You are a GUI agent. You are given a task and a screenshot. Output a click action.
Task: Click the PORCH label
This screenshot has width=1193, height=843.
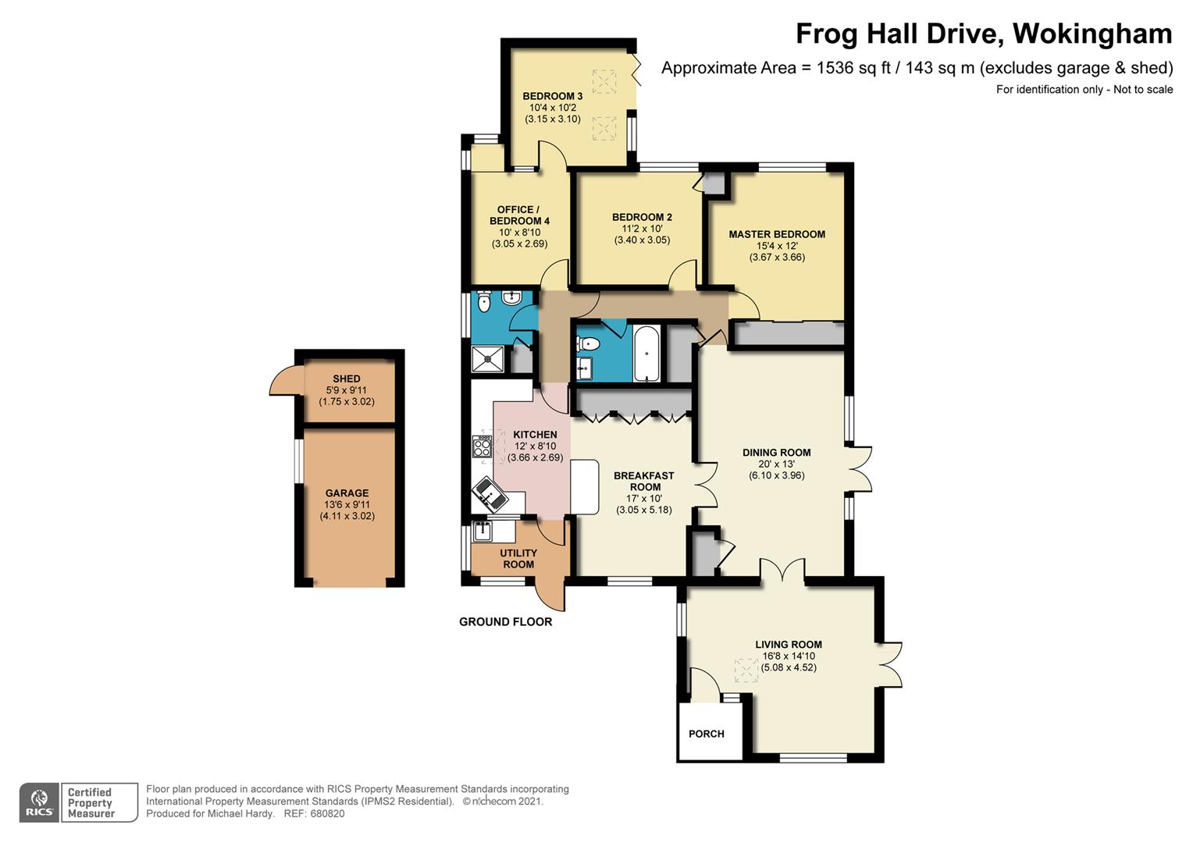707,734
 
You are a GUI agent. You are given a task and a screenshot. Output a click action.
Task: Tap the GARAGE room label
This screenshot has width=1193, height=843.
347,493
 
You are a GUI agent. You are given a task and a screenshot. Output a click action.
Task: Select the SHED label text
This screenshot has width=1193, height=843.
347,379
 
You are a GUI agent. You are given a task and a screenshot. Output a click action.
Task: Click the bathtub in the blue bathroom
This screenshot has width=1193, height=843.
646,353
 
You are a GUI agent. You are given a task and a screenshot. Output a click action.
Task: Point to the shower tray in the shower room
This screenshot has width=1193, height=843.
487,358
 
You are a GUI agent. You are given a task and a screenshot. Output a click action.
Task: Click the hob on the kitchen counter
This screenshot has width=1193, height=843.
482,446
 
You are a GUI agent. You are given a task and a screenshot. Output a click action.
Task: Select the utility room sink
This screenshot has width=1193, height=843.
483,532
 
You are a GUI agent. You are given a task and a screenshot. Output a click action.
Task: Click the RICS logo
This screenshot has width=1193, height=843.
39,802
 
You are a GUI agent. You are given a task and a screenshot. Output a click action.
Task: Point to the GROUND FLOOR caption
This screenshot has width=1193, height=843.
505,621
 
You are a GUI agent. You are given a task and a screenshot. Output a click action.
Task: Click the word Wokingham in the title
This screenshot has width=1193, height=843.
1092,34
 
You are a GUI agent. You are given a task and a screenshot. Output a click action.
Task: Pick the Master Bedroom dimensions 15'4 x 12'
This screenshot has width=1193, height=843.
777,246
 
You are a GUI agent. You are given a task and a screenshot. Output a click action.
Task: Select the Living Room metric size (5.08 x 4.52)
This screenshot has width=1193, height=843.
789,667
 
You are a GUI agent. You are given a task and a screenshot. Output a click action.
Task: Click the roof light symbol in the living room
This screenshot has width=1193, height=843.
746,670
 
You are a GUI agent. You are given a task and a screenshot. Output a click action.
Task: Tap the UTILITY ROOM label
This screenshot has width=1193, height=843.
518,559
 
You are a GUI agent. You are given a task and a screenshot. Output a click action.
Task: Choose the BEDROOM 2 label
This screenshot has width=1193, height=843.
642,217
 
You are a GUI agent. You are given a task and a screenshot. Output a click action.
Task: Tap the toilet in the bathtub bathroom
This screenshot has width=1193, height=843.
588,344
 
